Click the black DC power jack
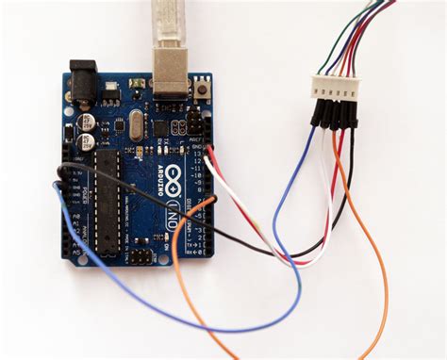(x=83, y=83)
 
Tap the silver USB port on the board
(x=169, y=80)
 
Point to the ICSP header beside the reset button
(x=193, y=123)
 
